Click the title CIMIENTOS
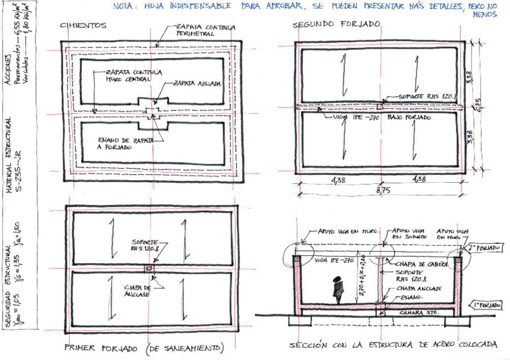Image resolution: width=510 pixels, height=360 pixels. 84,26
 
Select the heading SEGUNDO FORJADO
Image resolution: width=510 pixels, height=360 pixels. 336,25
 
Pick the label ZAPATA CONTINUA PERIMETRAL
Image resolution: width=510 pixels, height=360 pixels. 204,31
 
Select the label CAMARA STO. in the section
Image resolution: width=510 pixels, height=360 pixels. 418,313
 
